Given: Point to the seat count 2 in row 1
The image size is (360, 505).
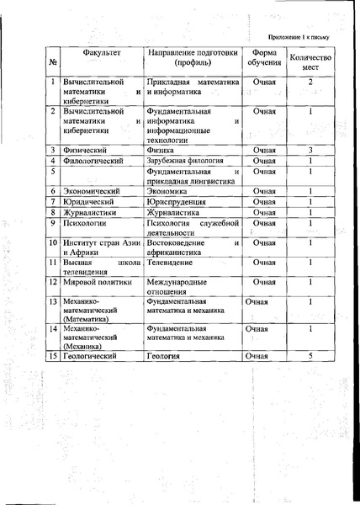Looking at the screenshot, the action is click(310, 82).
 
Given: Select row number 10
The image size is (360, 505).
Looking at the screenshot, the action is click(53, 243).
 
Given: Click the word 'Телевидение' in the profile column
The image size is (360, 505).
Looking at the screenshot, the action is click(174, 263).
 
